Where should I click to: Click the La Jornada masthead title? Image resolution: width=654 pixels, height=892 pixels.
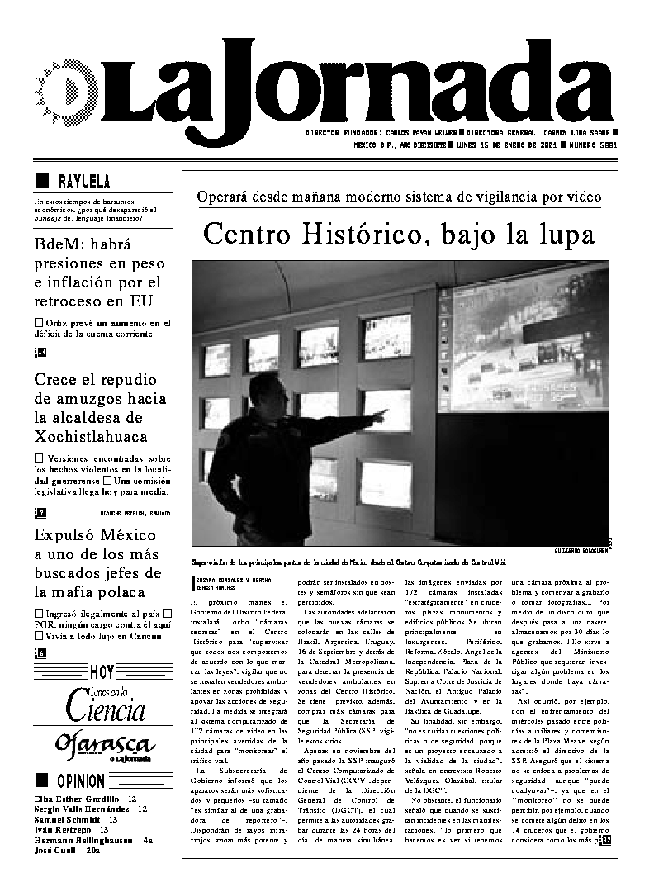(x=363, y=87)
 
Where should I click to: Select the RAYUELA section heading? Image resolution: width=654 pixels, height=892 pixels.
(x=83, y=182)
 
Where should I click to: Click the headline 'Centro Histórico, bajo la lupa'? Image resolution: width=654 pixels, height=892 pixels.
(x=399, y=235)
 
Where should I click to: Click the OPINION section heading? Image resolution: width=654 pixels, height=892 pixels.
(x=80, y=780)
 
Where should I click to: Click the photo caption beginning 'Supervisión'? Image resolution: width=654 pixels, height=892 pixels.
(x=347, y=562)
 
